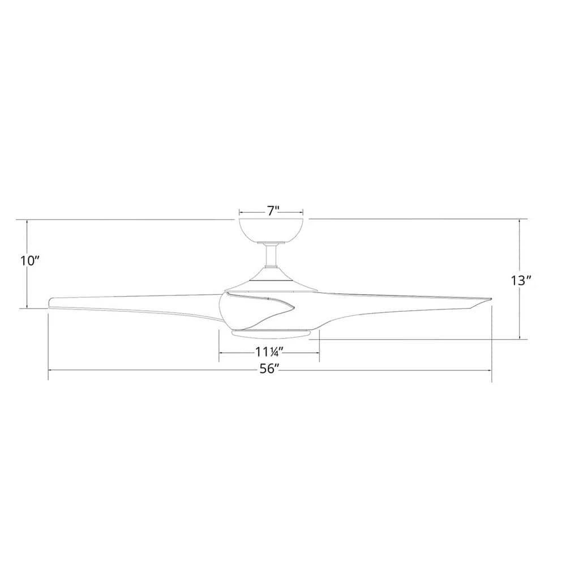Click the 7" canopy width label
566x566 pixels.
[273, 212]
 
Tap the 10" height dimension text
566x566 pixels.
[29, 261]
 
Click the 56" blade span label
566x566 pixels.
[269, 370]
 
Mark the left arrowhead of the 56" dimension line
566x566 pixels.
[51, 371]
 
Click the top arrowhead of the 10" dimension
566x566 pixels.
[27, 221]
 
